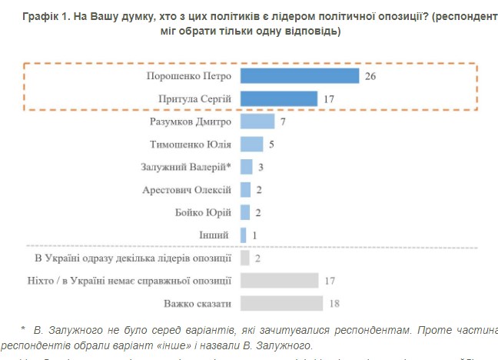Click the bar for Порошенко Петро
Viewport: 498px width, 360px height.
pos(300,76)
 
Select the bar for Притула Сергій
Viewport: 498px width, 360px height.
pos(279,98)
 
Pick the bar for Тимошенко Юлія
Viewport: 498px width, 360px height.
pos(251,144)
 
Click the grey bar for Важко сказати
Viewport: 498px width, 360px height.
pos(281,303)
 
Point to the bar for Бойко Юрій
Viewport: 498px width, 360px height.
pos(245,212)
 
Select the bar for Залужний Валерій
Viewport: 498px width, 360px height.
pos(247,167)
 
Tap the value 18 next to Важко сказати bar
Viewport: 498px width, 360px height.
pos(334,303)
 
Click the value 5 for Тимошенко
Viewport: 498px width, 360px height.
pos(271,144)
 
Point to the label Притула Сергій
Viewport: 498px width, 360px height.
pos(195,99)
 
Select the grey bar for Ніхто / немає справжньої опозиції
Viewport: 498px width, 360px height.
pos(279,280)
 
